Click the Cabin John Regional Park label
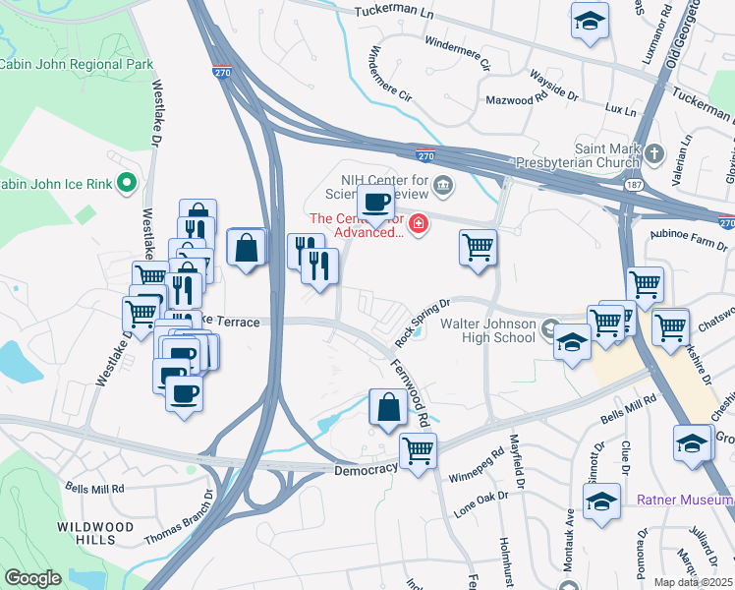click(x=77, y=64)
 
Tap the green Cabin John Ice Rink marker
click(x=126, y=182)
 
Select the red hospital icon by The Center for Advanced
click(x=420, y=225)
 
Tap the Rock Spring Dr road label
click(x=422, y=323)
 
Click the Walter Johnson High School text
click(x=487, y=331)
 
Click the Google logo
click(x=33, y=578)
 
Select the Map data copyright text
click(x=695, y=582)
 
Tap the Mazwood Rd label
click(x=516, y=99)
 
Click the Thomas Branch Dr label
click(x=179, y=520)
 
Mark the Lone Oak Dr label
click(x=481, y=504)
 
